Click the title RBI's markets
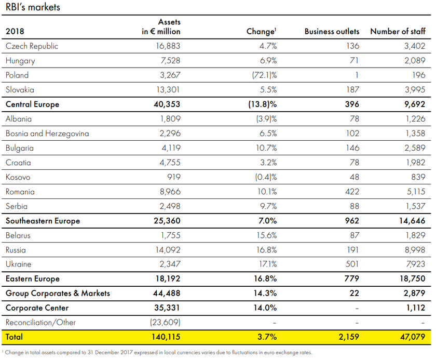pyautogui.click(x=33, y=7)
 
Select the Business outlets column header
pyautogui.click(x=332, y=32)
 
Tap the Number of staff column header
pyautogui.click(x=398, y=32)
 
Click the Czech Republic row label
pyautogui.click(x=32, y=46)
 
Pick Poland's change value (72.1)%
pyautogui.click(x=264, y=75)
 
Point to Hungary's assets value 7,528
pyautogui.click(x=170, y=60)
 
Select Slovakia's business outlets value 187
pyautogui.click(x=352, y=89)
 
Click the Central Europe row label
pyautogui.click(x=32, y=104)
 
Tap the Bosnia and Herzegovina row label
pyautogui.click(x=47, y=134)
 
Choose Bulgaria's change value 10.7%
pyautogui.click(x=266, y=148)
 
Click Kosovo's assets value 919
pyautogui.click(x=174, y=177)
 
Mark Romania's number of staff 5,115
pyautogui.click(x=415, y=192)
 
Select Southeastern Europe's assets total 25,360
pyautogui.click(x=167, y=221)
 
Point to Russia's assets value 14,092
pyautogui.click(x=168, y=250)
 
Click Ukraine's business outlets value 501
pyautogui.click(x=352, y=264)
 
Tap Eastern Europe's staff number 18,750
pyautogui.click(x=412, y=279)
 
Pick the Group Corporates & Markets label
pyautogui.click(x=58, y=293)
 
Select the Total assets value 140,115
pyautogui.click(x=166, y=337)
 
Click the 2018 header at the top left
pyautogui.click(x=15, y=32)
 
